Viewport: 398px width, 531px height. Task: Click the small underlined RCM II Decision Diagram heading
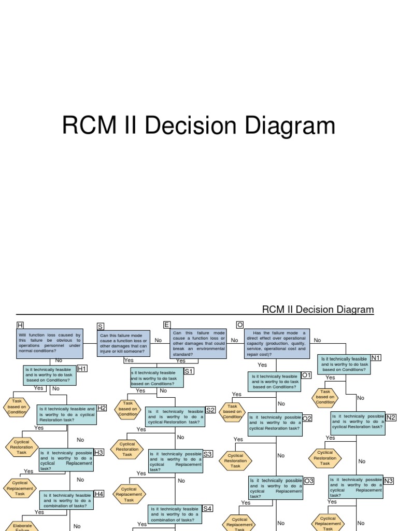(318, 310)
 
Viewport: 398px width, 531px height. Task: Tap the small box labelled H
(20, 325)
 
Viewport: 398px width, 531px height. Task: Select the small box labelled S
(100, 326)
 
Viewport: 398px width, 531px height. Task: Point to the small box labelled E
(166, 325)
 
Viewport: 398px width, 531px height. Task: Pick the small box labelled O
(239, 325)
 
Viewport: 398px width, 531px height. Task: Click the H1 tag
(82, 368)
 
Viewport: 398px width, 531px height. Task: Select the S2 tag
(210, 410)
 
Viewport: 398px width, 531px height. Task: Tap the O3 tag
(309, 481)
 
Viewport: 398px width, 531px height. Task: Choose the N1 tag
(376, 358)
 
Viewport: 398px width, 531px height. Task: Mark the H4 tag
(99, 494)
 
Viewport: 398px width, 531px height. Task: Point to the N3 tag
(389, 480)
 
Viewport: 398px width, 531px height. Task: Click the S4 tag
(208, 508)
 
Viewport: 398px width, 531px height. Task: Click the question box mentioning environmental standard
(198, 343)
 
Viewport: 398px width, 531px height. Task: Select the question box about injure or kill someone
(123, 343)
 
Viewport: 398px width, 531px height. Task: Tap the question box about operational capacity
(276, 343)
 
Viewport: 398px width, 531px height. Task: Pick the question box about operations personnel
(49, 343)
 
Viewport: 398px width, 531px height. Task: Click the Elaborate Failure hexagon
(22, 526)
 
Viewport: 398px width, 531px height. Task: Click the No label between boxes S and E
(158, 340)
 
